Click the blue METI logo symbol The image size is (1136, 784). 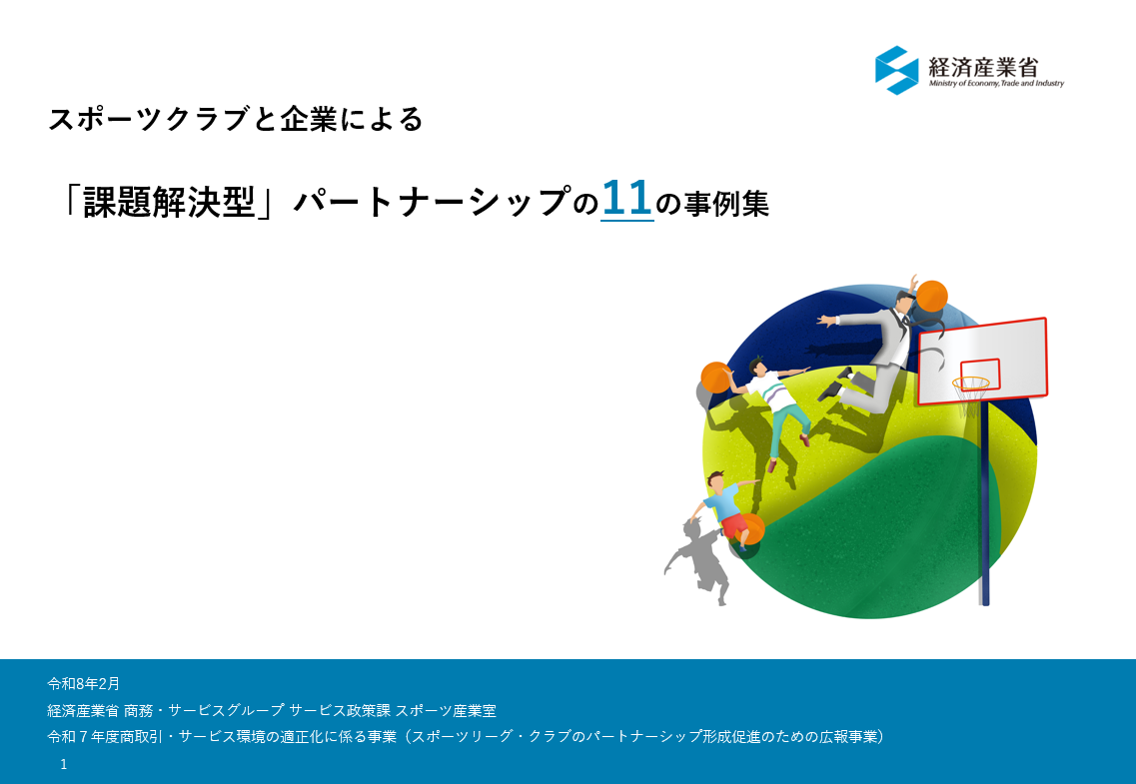[x=897, y=70]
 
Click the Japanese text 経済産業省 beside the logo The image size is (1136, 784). [x=983, y=67]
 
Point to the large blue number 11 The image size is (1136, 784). [x=626, y=199]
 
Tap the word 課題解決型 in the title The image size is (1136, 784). [x=170, y=202]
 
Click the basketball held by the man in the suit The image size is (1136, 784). [x=932, y=296]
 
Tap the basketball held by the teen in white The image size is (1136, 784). [x=716, y=378]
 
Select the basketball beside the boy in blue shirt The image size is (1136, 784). [x=751, y=529]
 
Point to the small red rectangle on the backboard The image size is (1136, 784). [x=979, y=375]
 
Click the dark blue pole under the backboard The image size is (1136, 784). [x=984, y=503]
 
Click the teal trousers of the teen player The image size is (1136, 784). [x=785, y=428]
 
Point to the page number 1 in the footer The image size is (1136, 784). [x=64, y=764]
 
